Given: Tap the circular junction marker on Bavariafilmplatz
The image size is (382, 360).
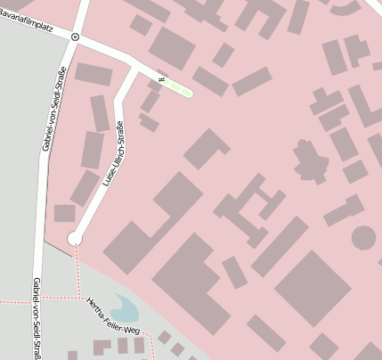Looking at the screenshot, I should [75, 37].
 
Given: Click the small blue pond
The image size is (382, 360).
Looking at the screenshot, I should [125, 309].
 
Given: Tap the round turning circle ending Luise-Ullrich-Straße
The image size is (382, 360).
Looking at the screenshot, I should [75, 238].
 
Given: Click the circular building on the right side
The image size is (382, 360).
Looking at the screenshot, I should [363, 237].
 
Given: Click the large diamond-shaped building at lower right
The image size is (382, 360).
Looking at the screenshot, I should [313, 288].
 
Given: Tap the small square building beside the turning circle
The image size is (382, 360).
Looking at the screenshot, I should [64, 213].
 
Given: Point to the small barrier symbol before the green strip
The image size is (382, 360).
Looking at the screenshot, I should [161, 80].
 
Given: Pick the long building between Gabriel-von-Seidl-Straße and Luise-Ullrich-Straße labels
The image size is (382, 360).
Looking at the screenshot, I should [92, 150].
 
